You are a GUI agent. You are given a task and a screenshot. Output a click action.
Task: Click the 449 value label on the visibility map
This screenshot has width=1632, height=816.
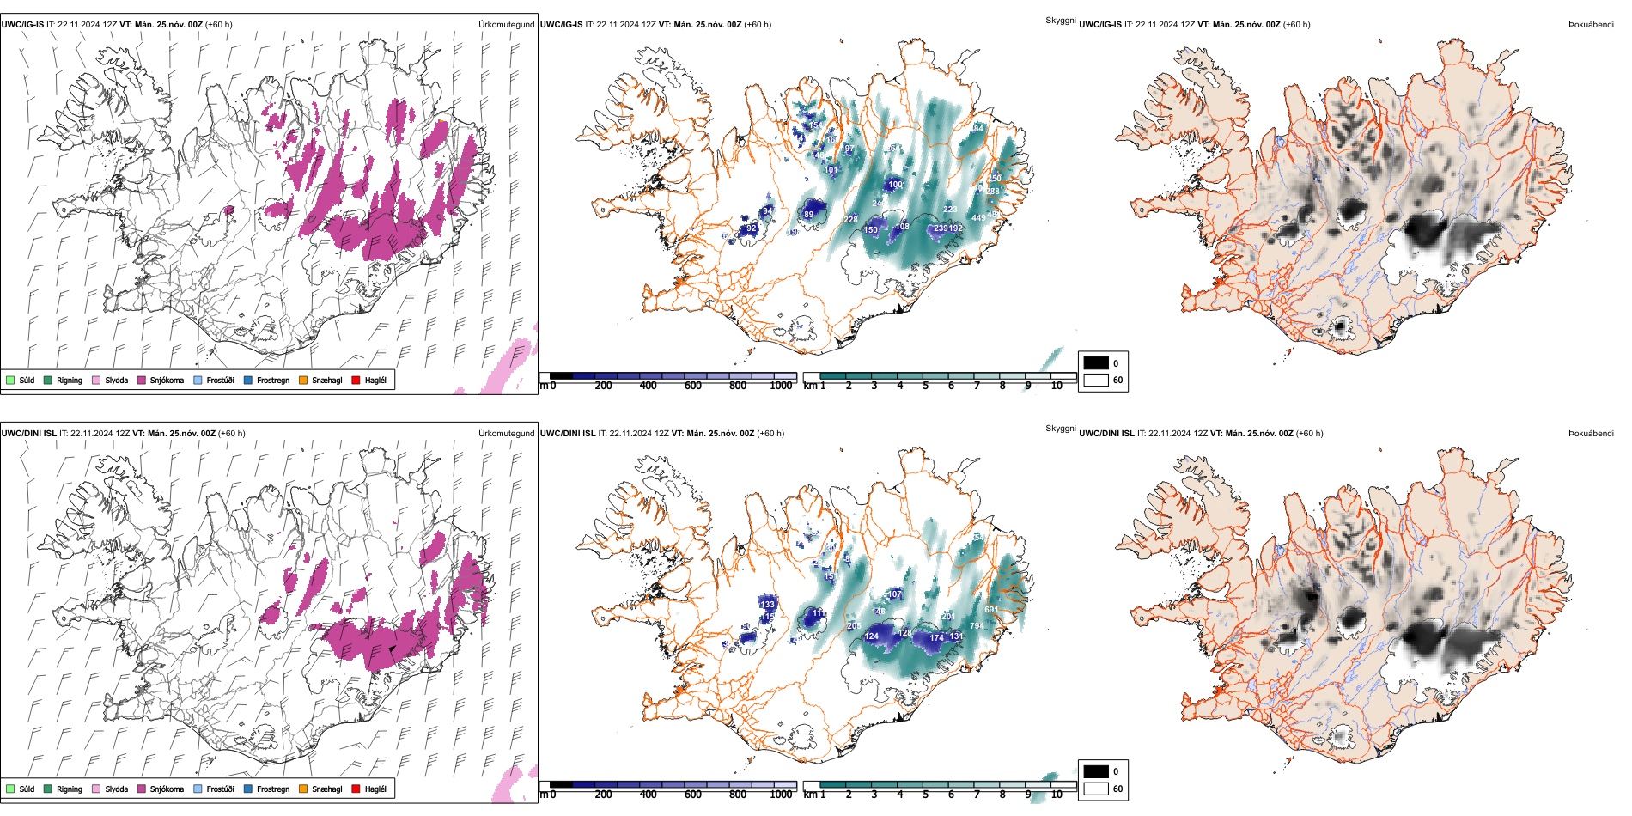978,218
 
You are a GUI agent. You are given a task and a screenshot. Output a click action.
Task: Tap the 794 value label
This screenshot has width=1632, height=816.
977,625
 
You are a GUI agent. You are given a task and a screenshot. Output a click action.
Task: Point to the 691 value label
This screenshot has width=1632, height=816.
991,610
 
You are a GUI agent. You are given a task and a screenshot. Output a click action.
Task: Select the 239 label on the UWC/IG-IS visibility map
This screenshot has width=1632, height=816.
941,228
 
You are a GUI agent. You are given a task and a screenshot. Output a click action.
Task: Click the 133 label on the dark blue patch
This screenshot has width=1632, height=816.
767,604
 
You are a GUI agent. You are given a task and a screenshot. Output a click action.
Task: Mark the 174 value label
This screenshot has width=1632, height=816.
936,637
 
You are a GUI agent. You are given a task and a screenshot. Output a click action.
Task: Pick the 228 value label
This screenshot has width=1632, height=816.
850,220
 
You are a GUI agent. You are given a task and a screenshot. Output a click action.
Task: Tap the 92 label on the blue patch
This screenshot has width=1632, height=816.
752,228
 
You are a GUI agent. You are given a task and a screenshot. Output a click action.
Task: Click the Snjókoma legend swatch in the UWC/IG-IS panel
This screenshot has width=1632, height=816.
142,380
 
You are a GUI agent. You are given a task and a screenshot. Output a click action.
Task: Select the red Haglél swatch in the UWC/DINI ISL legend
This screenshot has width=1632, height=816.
356,789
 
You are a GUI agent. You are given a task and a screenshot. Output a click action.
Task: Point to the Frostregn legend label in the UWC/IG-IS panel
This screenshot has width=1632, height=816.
273,380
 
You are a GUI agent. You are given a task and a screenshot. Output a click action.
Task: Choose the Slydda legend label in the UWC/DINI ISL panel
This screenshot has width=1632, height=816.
117,789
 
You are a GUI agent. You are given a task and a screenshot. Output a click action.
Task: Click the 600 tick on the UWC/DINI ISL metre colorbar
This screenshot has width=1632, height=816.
693,795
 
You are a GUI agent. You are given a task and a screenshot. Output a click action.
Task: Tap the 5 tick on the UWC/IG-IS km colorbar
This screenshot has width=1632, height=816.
925,386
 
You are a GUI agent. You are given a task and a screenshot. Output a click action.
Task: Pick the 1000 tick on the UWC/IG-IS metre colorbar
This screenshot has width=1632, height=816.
781,386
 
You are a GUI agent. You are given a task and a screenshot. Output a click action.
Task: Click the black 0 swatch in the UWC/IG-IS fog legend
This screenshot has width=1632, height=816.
1096,363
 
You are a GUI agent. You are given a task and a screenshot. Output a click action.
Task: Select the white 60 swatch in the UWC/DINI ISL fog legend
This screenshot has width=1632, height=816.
1096,789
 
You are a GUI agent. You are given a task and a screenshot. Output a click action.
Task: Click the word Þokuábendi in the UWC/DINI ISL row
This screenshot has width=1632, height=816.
1591,434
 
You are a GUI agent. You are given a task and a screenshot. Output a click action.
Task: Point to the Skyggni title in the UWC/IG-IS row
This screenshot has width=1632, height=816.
1060,20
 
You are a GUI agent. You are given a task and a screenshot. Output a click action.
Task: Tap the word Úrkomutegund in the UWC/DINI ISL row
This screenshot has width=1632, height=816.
506,434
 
